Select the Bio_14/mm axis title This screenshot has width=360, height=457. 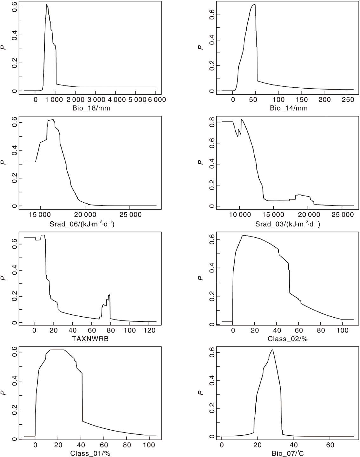click(x=289, y=108)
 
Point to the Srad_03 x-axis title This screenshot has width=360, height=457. click(x=288, y=224)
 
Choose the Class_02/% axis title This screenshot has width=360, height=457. click(x=288, y=339)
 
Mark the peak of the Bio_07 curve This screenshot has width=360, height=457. click(x=272, y=350)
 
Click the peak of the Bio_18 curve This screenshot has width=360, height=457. click(x=47, y=4)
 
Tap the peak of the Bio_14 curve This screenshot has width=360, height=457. click(x=254, y=4)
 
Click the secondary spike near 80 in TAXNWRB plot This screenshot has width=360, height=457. click(x=110, y=294)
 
